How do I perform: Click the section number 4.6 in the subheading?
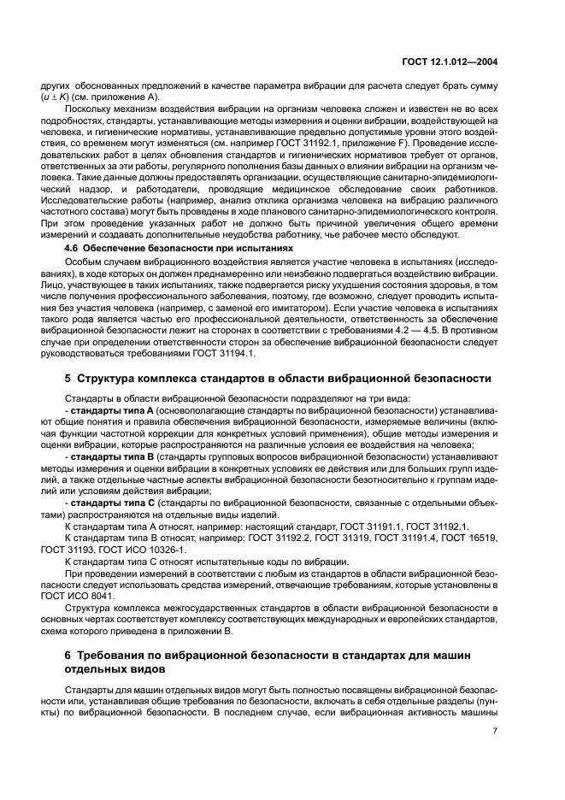click(x=74, y=247)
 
